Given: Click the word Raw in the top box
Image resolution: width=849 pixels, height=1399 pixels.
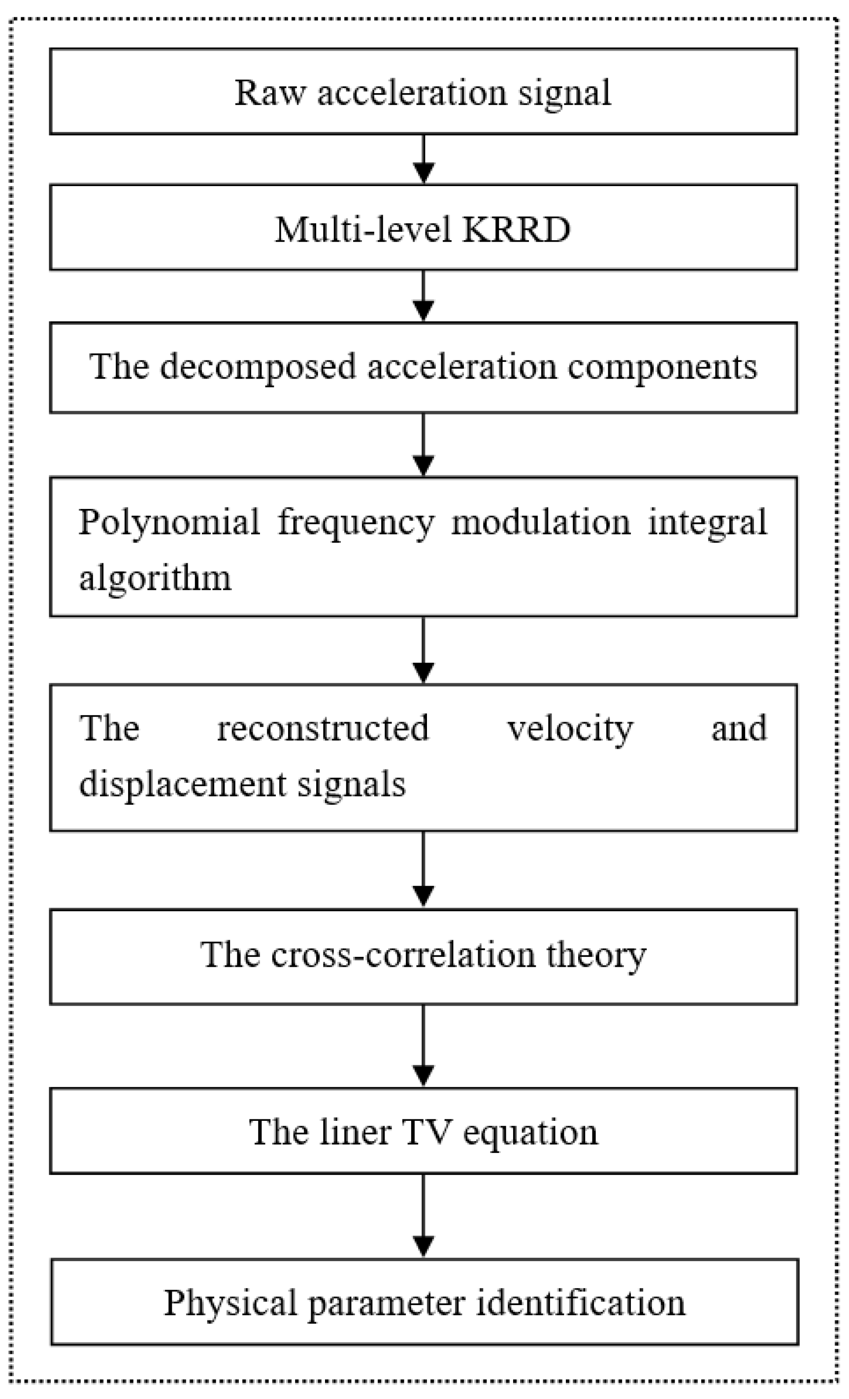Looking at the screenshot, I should click(269, 93).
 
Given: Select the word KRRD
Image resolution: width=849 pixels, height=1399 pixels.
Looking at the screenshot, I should click(516, 229).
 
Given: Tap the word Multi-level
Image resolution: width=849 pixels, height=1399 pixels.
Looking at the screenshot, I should click(363, 229).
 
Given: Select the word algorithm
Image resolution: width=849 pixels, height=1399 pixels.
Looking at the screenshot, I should click(155, 578).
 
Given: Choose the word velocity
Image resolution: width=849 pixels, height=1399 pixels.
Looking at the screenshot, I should click(570, 729).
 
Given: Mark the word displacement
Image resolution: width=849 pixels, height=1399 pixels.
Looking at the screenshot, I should click(182, 784).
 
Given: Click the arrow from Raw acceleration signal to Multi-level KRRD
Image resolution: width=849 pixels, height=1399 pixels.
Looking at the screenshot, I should click(424, 159).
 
